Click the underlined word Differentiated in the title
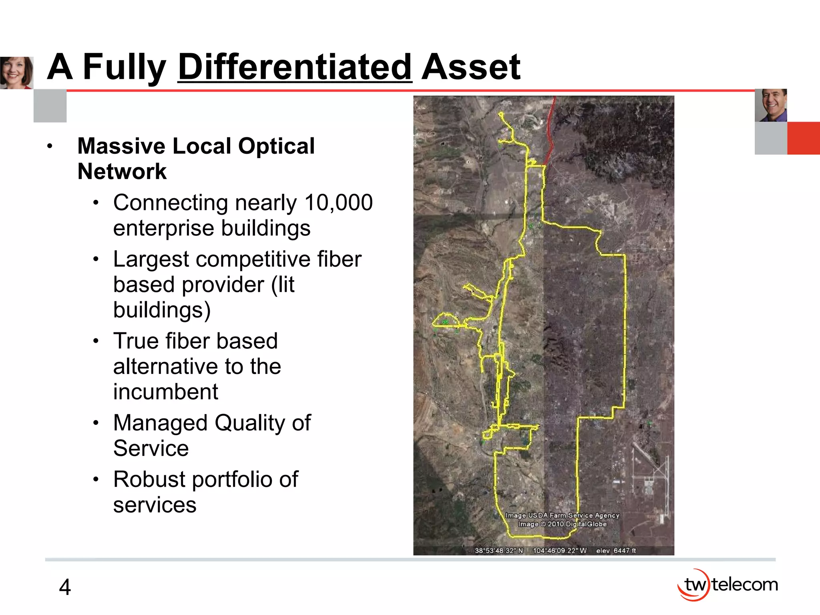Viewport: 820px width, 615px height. [x=295, y=67]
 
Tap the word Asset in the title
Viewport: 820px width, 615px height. [x=471, y=67]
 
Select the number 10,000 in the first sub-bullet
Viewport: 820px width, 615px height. [x=338, y=203]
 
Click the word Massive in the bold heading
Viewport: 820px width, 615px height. [x=121, y=146]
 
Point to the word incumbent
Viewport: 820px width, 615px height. [x=165, y=392]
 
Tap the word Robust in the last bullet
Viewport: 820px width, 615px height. [x=149, y=479]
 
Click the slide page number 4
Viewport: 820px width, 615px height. [x=65, y=587]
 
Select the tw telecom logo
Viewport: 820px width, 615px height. [x=728, y=585]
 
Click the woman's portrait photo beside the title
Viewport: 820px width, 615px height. [x=16, y=72]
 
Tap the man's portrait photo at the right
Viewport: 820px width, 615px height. [x=771, y=105]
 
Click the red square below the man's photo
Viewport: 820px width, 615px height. [x=803, y=138]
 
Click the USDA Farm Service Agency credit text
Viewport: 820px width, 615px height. [x=562, y=515]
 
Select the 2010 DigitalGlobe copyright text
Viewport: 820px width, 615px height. [x=562, y=524]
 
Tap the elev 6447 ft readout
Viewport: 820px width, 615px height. [x=616, y=551]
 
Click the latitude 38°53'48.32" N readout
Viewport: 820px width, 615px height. [x=499, y=551]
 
